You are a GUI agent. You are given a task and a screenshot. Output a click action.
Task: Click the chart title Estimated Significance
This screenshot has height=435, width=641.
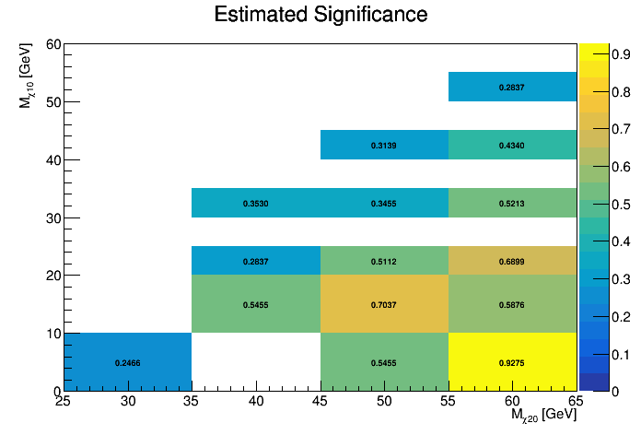[x=320, y=16]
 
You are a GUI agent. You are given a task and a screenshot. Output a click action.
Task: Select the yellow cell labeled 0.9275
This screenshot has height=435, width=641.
[x=512, y=362]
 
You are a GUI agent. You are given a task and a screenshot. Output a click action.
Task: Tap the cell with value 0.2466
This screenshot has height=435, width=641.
[x=128, y=362]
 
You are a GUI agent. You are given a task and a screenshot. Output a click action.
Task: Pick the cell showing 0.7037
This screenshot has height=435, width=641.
[x=384, y=304]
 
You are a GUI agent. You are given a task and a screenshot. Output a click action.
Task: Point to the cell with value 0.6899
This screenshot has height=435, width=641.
[x=512, y=261]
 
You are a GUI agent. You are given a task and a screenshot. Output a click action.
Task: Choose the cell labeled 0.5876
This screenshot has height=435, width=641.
[x=512, y=304]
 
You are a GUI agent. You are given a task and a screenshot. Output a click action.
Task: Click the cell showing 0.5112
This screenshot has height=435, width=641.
[x=384, y=261]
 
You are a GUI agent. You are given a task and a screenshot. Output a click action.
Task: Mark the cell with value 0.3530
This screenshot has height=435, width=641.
[x=256, y=203]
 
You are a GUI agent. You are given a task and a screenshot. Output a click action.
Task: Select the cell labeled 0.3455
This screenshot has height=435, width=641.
[x=384, y=203]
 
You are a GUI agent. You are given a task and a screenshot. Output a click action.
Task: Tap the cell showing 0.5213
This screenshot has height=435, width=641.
[x=512, y=203]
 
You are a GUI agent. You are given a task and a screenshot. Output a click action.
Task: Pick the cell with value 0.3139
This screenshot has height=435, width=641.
[x=384, y=145]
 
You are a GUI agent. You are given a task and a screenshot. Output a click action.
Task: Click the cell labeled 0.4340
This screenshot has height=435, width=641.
[x=512, y=145]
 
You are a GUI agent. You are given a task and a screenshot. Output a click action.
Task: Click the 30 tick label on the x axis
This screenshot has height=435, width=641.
[x=128, y=401]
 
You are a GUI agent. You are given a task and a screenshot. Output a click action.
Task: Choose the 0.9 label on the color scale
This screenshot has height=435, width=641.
[x=594, y=53]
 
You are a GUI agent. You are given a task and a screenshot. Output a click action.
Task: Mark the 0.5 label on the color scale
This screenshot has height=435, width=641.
[x=594, y=204]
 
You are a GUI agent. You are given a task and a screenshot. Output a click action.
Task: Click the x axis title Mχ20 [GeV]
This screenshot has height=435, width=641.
[x=544, y=417]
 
